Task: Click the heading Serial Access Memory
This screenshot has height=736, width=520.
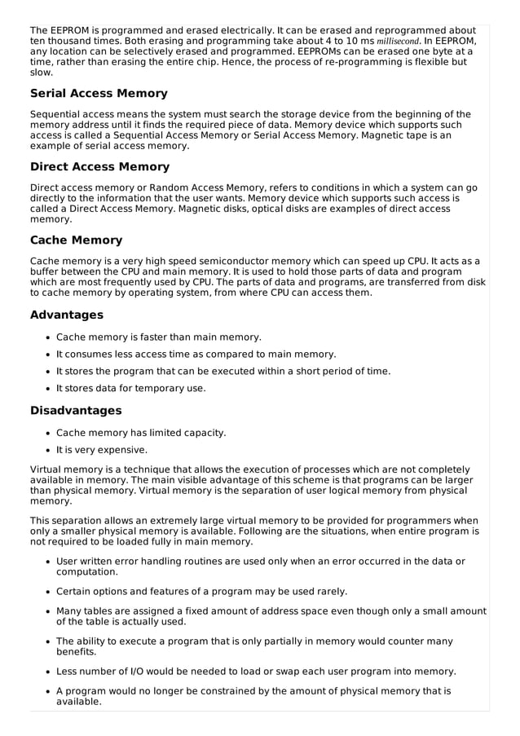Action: pyautogui.click(x=99, y=94)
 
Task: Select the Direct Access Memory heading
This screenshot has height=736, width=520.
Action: pyautogui.click(x=99, y=167)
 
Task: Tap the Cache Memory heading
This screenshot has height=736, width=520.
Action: pyautogui.click(x=76, y=240)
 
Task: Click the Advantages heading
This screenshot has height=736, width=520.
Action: pyautogui.click(x=66, y=315)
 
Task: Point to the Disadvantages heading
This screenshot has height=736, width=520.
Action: pyautogui.click(x=75, y=410)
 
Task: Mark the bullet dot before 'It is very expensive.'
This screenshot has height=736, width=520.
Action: pyautogui.click(x=48, y=450)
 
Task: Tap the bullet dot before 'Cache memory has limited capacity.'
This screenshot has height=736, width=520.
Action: pyautogui.click(x=48, y=433)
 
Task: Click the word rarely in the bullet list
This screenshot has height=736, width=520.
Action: pyautogui.click(x=328, y=591)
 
